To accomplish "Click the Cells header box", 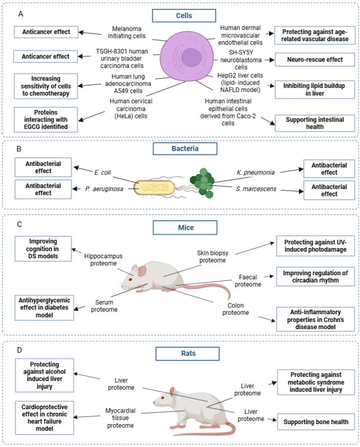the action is pyautogui.click(x=184, y=15).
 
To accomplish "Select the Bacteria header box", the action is pyautogui.click(x=185, y=148).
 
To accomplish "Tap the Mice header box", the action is pyautogui.click(x=185, y=227).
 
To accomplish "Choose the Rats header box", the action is pyautogui.click(x=188, y=353).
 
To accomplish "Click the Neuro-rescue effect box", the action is pyautogui.click(x=315, y=59).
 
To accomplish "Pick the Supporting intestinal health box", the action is pyautogui.click(x=315, y=123).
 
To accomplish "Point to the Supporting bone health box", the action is pyautogui.click(x=316, y=422).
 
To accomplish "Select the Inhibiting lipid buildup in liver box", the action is pyautogui.click(x=315, y=89).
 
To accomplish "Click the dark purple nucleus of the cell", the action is pyautogui.click(x=191, y=58).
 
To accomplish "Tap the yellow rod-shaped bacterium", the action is pyautogui.click(x=154, y=188).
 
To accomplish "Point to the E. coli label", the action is pyautogui.click(x=103, y=172).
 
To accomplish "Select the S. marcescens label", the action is pyautogui.click(x=256, y=189).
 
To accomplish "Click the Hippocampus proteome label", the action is pyautogui.click(x=103, y=260).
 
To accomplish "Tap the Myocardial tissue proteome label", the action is pyautogui.click(x=120, y=418).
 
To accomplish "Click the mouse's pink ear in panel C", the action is pyautogui.click(x=142, y=271).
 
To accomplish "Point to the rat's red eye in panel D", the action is pyautogui.click(x=163, y=398).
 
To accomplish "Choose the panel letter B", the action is pyautogui.click(x=19, y=149).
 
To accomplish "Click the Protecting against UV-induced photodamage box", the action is pyautogui.click(x=315, y=246).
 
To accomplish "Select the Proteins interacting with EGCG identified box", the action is pyautogui.click(x=46, y=120).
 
